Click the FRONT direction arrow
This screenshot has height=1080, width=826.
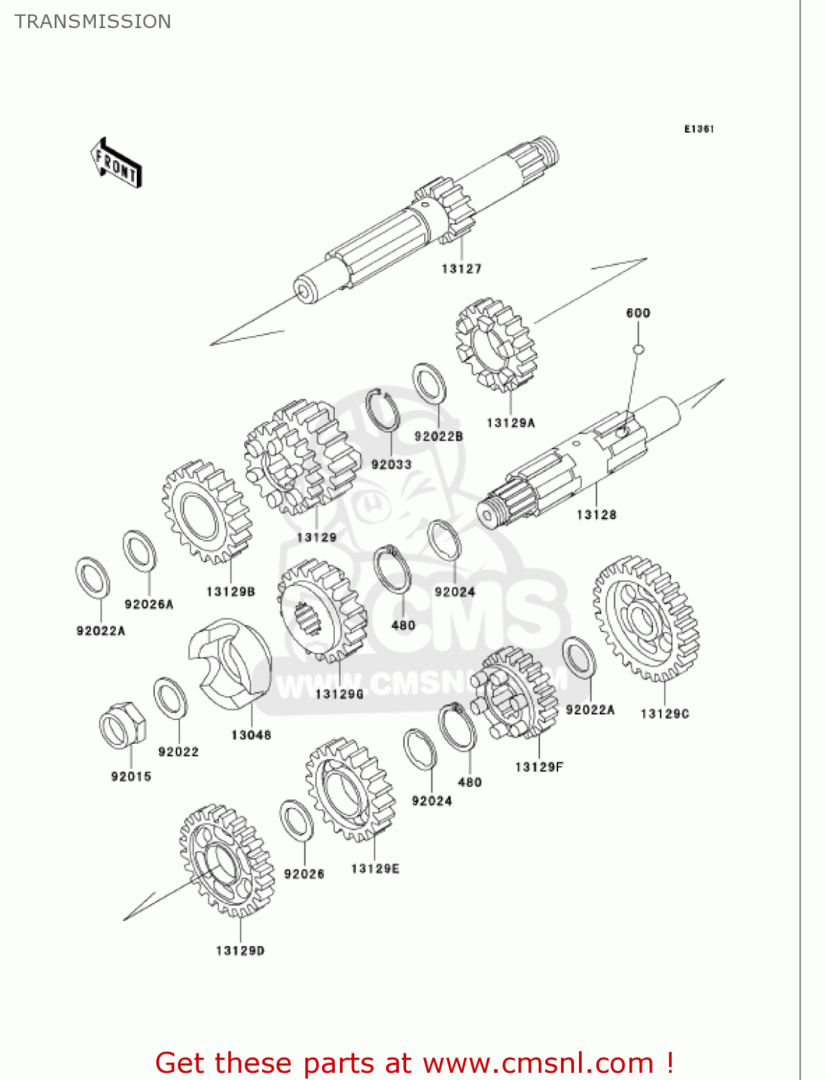(x=116, y=163)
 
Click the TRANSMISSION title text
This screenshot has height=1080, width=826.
(x=93, y=22)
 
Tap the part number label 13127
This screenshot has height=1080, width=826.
(x=462, y=269)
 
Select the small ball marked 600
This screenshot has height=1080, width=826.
(x=638, y=350)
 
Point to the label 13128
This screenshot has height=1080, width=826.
(x=596, y=515)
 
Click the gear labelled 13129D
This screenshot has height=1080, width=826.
(x=227, y=860)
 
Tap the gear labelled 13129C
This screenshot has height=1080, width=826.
(x=645, y=618)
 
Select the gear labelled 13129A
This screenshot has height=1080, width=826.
(x=496, y=345)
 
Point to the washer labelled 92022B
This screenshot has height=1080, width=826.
(x=429, y=384)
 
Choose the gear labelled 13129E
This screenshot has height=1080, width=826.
(x=351, y=790)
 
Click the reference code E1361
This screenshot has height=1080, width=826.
(x=699, y=129)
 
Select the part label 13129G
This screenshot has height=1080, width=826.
(x=339, y=694)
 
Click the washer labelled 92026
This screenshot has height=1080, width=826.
(x=295, y=820)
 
